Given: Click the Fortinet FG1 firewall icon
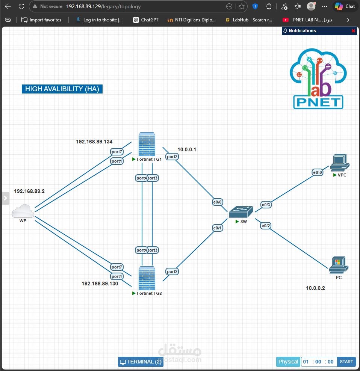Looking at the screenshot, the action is pos(147,144).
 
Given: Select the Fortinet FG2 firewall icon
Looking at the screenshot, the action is pos(147,278).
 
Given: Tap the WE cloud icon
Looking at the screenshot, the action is pos(23,211).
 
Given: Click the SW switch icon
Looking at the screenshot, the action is pos(241,211).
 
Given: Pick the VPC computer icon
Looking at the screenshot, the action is pos(340,163).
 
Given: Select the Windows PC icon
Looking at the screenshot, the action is pos(339,265).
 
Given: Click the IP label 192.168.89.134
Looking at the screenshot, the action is pos(94,142).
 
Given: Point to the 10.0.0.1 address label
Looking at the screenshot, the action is pos(187,149).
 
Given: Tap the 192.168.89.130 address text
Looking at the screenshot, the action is pos(100,284).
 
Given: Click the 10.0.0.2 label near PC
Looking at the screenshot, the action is pos(315,288).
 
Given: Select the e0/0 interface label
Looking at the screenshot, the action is pos(217,202).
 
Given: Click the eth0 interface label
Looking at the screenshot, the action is pos(318,172).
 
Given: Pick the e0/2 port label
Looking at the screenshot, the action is pos(266,226).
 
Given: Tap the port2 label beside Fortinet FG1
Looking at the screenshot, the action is pos(172,157).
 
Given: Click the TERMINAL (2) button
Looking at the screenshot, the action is pos(141,362).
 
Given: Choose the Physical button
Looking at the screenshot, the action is pos(288,362).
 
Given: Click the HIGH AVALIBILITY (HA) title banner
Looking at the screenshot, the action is pos(62,89).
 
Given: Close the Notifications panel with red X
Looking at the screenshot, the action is pos(353,31).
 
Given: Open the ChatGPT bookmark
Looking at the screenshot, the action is pos(146,20).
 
